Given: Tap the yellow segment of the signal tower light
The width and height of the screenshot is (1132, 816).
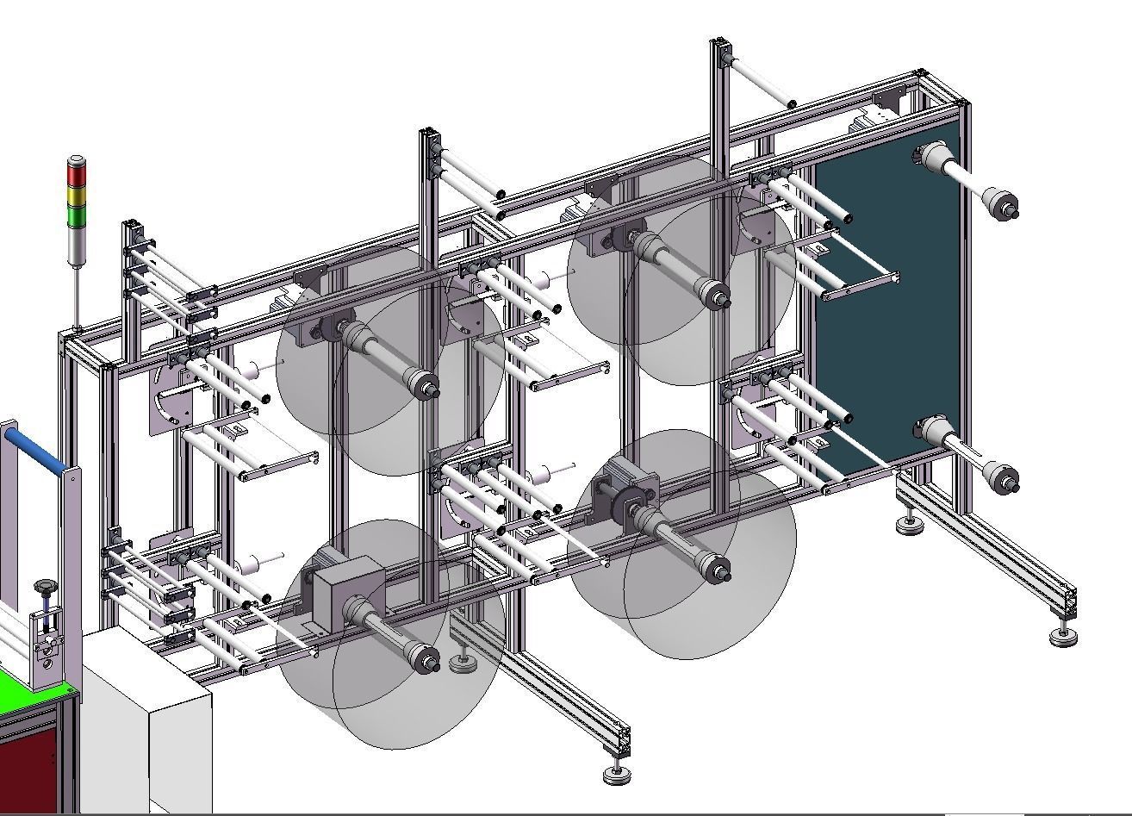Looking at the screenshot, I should coord(77,197).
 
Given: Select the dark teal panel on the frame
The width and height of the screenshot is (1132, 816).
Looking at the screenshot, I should coord(887,302).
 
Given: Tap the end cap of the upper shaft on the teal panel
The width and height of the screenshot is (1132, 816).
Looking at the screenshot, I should coord(1003,207).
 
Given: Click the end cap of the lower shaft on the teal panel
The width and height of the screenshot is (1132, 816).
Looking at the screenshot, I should coord(1003,479).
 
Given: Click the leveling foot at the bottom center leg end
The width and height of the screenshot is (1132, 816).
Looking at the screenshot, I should coord(617,775).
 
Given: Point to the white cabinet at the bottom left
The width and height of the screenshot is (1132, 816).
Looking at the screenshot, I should coord(146,724).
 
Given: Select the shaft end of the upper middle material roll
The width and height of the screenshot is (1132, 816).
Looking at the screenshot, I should coord(715,297).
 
